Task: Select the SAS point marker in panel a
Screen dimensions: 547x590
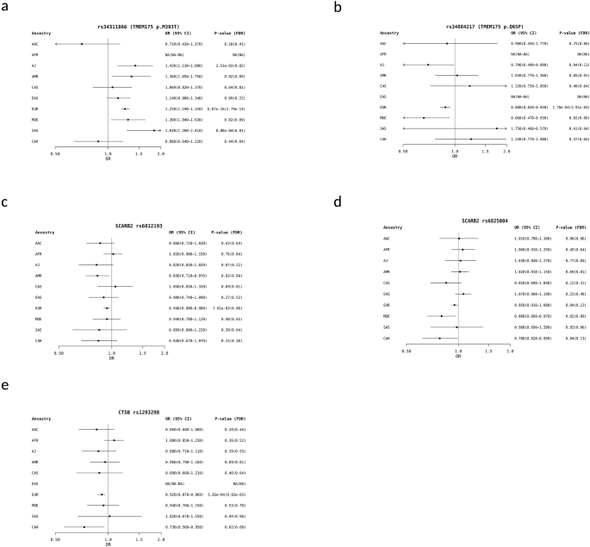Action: pos(154,130)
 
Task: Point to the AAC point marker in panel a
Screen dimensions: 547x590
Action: pos(82,43)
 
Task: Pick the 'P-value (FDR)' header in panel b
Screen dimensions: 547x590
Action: pos(549,31)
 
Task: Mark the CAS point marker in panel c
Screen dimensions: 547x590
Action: pos(110,285)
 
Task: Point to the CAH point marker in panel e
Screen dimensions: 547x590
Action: pos(84,526)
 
